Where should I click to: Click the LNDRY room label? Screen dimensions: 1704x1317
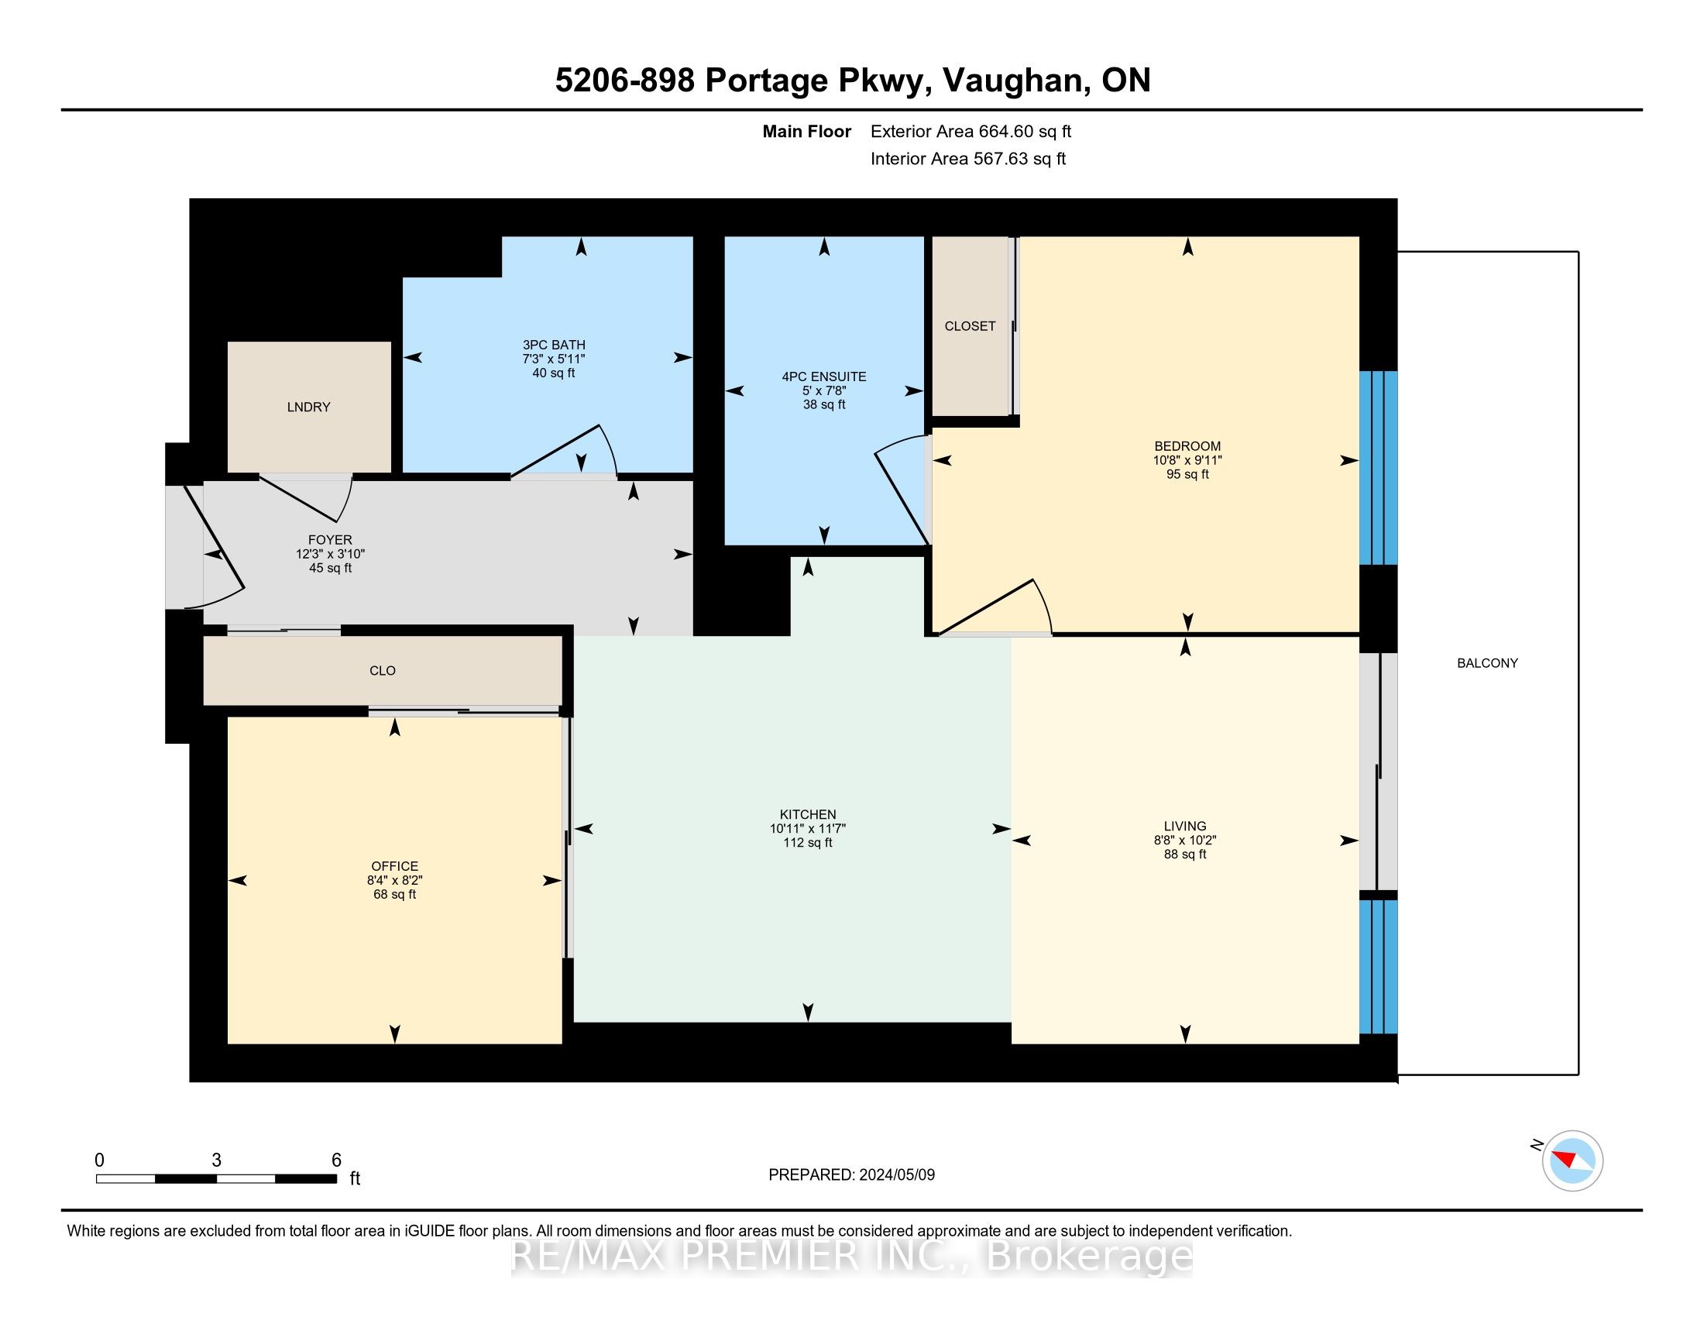pos(309,407)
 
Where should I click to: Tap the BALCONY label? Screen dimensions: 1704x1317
pos(1487,663)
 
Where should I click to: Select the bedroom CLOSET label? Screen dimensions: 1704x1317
pos(970,326)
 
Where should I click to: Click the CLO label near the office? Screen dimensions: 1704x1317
pos(383,670)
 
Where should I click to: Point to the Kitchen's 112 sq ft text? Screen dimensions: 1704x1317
pos(808,843)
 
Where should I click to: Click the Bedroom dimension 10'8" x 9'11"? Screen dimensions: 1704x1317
pos(1187,460)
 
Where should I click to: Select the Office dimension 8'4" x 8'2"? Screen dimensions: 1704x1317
pos(395,880)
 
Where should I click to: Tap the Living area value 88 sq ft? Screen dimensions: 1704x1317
pos(1185,855)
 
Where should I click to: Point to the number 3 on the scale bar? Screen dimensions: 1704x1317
pos(216,1161)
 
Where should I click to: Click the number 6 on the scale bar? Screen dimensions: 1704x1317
pos(336,1161)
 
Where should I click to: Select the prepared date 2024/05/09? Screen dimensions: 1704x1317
pos(896,1175)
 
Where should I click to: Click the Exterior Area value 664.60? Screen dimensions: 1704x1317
pos(1003,131)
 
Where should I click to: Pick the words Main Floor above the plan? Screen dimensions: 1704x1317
pos(807,131)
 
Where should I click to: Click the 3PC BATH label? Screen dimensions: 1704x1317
pos(554,345)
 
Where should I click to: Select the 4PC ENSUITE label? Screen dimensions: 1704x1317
pos(824,377)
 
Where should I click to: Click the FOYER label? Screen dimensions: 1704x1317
pos(330,540)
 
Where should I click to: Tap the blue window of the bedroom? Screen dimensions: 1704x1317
pos(1378,467)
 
